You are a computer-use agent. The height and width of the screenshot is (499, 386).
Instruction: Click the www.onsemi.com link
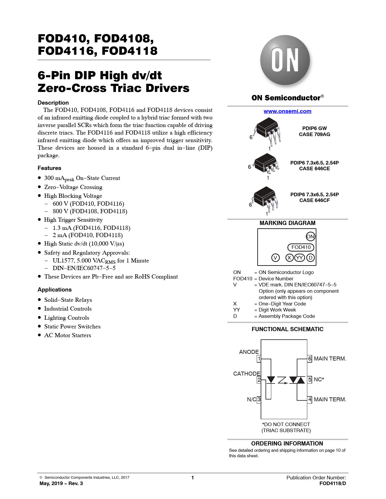(287, 111)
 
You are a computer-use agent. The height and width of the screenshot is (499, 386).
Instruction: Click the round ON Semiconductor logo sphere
(285, 60)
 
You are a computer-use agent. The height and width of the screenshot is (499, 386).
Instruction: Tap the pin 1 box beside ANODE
(259, 359)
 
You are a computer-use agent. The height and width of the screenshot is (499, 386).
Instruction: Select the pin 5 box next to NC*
(310, 380)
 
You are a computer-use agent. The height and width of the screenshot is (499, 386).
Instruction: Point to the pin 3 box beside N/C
(259, 400)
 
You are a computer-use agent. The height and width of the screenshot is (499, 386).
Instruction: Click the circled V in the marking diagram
(275, 258)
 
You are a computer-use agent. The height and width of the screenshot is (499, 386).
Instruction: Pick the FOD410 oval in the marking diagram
(301, 247)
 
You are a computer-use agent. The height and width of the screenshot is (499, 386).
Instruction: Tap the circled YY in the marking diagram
(299, 258)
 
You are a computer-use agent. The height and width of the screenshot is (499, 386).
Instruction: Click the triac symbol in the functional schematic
(297, 380)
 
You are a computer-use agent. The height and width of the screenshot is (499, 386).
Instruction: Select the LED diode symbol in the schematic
(271, 380)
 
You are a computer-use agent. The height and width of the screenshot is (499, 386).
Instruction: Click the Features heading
(49, 168)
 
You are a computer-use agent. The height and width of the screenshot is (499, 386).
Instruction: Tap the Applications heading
(55, 290)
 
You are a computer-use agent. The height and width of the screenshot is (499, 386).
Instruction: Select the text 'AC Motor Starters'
(68, 335)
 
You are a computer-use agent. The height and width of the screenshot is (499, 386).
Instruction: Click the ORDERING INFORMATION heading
(287, 443)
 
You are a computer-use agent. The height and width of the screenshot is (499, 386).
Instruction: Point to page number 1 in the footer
(193, 478)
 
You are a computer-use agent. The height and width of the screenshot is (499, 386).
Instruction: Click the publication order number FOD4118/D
(333, 483)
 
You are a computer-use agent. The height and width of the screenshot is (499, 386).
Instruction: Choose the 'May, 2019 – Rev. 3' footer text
(61, 483)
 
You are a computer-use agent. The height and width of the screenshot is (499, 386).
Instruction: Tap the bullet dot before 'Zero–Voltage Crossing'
(40, 187)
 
